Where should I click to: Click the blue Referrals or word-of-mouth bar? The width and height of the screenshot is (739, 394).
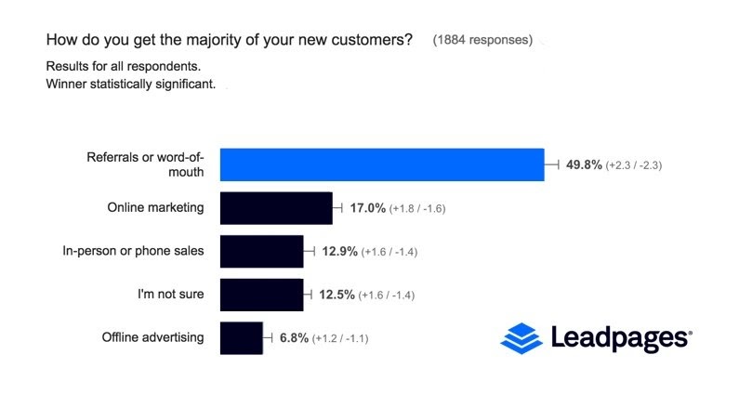tap(381, 164)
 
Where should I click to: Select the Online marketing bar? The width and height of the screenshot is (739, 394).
tap(276, 208)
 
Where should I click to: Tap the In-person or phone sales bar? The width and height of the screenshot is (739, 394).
tap(261, 252)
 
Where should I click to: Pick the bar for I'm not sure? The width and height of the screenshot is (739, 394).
tap(261, 295)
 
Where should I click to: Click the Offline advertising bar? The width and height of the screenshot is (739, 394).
tap(241, 338)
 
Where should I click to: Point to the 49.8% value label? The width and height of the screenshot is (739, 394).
tap(584, 164)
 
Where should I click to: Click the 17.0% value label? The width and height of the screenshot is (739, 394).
tap(367, 208)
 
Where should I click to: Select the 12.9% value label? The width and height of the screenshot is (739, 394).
tap(339, 252)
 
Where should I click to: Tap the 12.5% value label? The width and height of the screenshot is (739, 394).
tap(339, 295)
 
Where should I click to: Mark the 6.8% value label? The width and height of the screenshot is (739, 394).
tap(294, 338)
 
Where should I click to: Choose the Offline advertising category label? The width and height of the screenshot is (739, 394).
tap(152, 337)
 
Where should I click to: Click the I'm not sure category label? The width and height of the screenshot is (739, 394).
tap(172, 295)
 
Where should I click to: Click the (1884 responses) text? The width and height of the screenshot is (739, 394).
tap(482, 40)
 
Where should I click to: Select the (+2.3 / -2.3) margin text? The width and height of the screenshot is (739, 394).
tap(633, 165)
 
